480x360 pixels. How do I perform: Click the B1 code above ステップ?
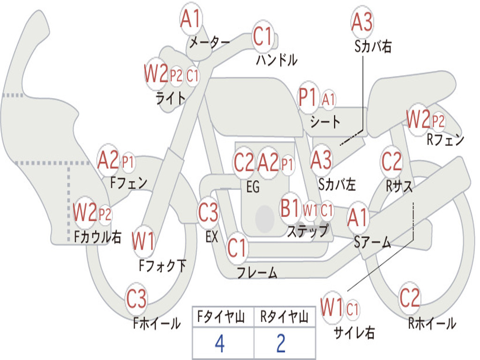290,208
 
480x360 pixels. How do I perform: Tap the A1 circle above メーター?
190,18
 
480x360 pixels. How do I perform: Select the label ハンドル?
277,60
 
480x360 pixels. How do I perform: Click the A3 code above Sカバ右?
362,22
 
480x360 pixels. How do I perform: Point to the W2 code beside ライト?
156,74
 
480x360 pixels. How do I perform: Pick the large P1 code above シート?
307,97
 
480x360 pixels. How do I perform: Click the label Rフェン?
445,140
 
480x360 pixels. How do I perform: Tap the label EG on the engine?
253,187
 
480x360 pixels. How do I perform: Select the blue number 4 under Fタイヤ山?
220,344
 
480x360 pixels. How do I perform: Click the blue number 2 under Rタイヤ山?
281,344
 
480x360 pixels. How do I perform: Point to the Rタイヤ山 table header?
285,317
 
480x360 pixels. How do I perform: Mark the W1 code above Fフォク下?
143,241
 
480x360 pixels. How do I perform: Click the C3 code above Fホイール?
136,299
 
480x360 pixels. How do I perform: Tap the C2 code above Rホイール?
410,298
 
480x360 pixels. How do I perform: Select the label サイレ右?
354,332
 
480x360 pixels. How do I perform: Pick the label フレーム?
257,272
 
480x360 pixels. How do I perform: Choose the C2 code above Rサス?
391,161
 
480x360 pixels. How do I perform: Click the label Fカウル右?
98,237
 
